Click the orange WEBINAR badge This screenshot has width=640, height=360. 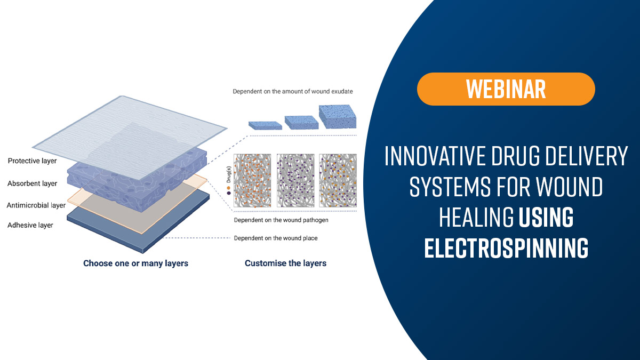pyautogui.click(x=506, y=89)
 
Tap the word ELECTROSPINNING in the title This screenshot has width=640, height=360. pyautogui.click(x=506, y=247)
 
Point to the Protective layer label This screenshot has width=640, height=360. pyautogui.click(x=33, y=161)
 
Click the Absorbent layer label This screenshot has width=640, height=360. pyautogui.click(x=33, y=183)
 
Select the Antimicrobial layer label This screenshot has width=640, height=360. pyautogui.click(x=36, y=205)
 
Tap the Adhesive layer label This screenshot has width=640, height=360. pyautogui.click(x=30, y=225)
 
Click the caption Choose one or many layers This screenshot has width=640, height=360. pyautogui.click(x=135, y=263)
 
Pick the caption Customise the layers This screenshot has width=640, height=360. pyautogui.click(x=285, y=263)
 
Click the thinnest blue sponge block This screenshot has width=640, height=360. pyautogui.click(x=265, y=125)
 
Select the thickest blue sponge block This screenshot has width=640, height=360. pyautogui.click(x=338, y=117)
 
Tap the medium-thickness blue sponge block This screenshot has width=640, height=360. pyautogui.click(x=301, y=123)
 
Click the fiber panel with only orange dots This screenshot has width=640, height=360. pyautogui.click(x=252, y=181)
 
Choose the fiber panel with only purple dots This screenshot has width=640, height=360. pyautogui.click(x=295, y=181)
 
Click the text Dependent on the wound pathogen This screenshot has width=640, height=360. pyautogui.click(x=281, y=220)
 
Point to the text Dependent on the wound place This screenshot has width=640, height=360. pyautogui.click(x=276, y=238)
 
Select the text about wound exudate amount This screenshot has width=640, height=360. pyautogui.click(x=293, y=91)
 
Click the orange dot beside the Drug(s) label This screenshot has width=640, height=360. pyautogui.click(x=229, y=188)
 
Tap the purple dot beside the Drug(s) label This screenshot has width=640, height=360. pyautogui.click(x=229, y=193)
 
